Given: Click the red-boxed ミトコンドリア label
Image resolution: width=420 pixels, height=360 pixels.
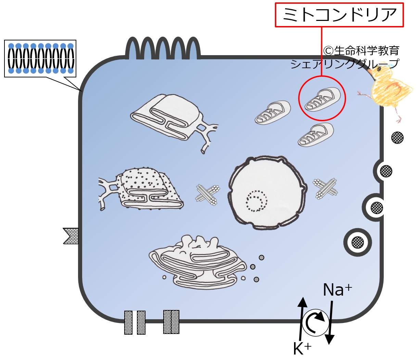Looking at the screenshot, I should click(x=340, y=15).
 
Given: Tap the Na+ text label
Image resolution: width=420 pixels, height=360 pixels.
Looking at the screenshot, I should click(x=337, y=290).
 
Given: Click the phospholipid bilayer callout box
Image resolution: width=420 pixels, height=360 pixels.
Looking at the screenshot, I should click(x=40, y=58).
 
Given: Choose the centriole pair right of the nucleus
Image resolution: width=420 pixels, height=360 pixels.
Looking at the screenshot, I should click(x=326, y=188).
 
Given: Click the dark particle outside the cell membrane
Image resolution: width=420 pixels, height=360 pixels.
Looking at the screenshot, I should click(x=397, y=138).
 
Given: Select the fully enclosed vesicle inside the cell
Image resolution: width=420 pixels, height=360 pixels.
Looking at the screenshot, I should click(x=357, y=243).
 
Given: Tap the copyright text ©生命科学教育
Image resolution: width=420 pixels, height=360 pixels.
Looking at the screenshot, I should click(x=361, y=51).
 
